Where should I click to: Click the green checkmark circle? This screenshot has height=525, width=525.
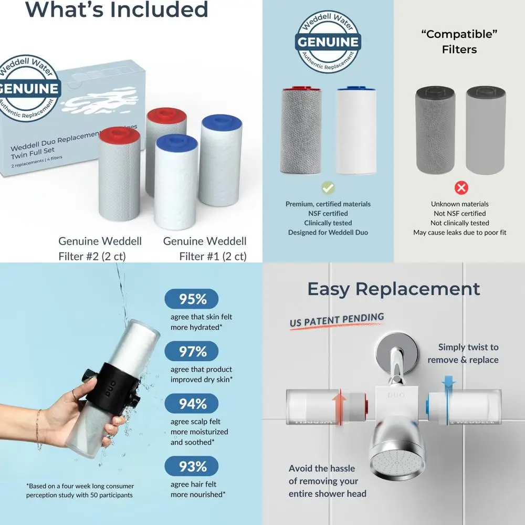pos(328,187)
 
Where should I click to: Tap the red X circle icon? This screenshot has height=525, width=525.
pos(461,187)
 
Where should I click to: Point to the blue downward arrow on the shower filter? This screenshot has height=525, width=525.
pos(448,389)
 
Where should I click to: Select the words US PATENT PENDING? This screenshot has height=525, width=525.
pos(337,320)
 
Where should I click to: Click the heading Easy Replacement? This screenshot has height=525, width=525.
pos(393,289)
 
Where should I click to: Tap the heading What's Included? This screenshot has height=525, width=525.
pos(117,9)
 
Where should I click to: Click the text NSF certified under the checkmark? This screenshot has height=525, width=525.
pos(328,214)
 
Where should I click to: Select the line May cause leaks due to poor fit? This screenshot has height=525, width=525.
pos(459,233)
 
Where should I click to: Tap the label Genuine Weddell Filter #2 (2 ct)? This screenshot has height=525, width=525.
pos(100,249)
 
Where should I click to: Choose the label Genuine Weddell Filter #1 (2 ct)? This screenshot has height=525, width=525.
pos(205,249)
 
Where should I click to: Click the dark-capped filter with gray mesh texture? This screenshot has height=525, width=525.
pos(435,131)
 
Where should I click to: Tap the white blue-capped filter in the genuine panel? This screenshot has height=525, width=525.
pos(356,131)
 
